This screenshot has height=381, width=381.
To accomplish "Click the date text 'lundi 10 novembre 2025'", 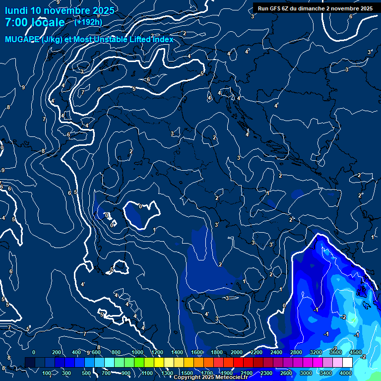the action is coord(60,10).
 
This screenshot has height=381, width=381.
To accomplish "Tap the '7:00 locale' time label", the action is coord(35,22).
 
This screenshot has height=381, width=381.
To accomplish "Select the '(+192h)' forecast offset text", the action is coord(88,22).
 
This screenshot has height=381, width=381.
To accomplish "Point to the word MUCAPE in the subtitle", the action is coord(21,40).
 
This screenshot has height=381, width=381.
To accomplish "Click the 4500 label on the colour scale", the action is coord(355,352).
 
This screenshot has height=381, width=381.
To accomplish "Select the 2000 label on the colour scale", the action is coord(237,352).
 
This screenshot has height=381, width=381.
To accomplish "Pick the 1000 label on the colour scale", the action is coord(137,352).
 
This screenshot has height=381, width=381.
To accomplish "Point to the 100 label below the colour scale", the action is coord(48,373).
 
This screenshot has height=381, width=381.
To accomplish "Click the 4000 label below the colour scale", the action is coord(346,373).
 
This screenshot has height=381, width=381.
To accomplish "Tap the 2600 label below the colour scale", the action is coord(286,373).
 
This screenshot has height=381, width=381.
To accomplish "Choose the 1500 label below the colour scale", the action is coord(187,373).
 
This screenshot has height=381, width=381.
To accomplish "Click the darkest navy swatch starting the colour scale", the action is coord(30,363).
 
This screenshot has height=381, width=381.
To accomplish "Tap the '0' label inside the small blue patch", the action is coord(140,206).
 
